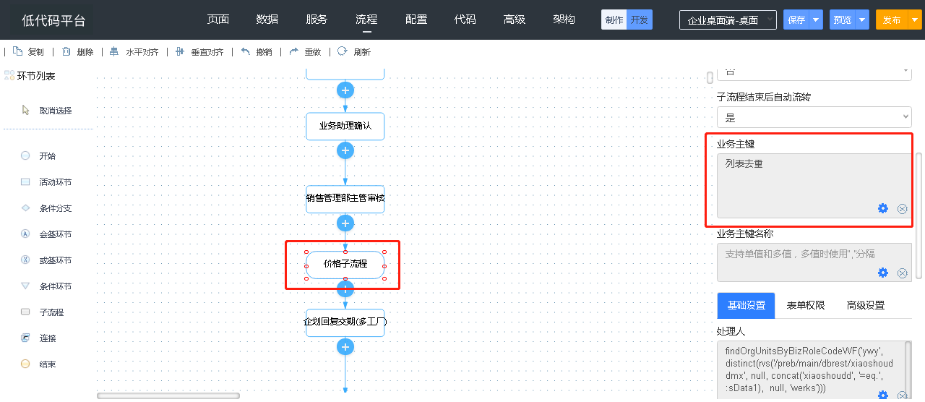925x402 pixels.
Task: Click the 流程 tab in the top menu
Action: [x=366, y=20]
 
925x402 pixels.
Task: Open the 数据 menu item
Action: [x=267, y=20]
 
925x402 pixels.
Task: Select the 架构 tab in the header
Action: [x=564, y=20]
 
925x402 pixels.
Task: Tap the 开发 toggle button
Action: [x=640, y=20]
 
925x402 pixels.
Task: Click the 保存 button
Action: [x=796, y=20]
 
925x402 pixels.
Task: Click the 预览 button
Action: [x=843, y=20]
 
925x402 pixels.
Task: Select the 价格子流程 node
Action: [x=345, y=264]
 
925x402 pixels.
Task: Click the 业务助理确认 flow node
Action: [x=345, y=126]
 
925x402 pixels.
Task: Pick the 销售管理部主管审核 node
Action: [x=345, y=198]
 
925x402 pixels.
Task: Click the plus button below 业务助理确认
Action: [x=345, y=150]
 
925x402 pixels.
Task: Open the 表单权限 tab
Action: [x=806, y=306]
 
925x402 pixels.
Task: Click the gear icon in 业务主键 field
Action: [x=882, y=208]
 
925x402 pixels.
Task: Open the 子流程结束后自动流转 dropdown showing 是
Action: [x=814, y=117]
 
